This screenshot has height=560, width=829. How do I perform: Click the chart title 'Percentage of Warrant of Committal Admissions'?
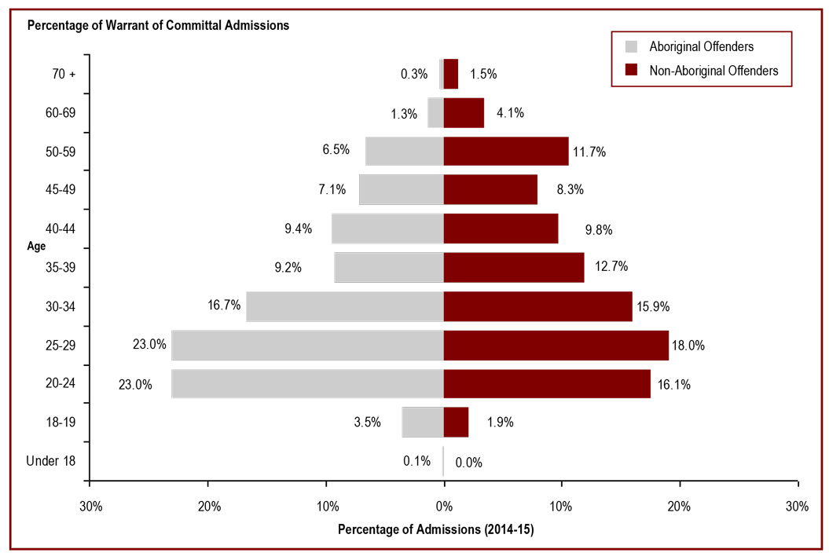coord(158,25)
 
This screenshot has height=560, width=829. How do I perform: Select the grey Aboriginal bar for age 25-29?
coord(307,346)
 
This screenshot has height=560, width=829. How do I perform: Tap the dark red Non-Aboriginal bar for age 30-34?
coord(537,306)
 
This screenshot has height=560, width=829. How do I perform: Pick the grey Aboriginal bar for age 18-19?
coord(423,422)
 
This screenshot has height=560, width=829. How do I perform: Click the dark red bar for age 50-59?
coord(506,151)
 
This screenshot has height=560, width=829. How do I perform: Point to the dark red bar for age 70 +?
coord(451,74)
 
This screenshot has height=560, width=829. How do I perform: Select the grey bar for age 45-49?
coord(402,189)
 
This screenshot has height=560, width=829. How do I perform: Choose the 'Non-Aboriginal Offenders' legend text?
coord(713,71)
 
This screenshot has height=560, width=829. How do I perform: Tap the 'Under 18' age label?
coord(51,461)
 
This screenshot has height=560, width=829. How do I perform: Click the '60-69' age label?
coord(61,113)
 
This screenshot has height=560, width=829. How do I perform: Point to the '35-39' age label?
coord(61,267)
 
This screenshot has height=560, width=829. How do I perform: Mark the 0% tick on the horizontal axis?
coord(444,506)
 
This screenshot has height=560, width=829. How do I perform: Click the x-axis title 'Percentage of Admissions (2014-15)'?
coord(435,530)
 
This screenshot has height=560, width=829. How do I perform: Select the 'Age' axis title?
coord(36,246)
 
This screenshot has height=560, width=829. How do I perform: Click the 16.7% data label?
coord(224,306)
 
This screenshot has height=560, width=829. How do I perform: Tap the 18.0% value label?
coord(692,346)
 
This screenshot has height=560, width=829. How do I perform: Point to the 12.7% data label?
coord(611,267)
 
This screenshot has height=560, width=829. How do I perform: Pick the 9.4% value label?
coord(299,229)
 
